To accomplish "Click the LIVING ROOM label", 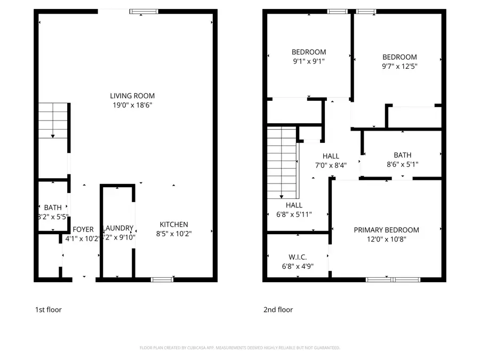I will point(132,96).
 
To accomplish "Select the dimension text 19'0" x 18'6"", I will point(132,106).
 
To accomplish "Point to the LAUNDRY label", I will point(118,228).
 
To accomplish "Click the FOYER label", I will point(83,229).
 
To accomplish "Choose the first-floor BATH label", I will point(53,207).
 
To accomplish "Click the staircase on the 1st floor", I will point(53,121).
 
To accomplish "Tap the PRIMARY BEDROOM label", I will point(386,230).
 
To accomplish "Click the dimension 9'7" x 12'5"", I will point(399,67).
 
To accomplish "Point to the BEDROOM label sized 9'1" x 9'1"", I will point(308,52).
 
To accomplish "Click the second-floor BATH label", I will point(403,155).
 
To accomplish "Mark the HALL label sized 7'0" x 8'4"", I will point(331,156).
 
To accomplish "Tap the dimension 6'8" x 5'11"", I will point(294,214).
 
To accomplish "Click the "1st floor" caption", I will point(48,309).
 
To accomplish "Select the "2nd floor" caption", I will point(278,309).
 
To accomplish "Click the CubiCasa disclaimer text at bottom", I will point(239,348).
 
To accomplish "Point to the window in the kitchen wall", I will point(162,279).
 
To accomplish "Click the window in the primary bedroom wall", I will point(393,279).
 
